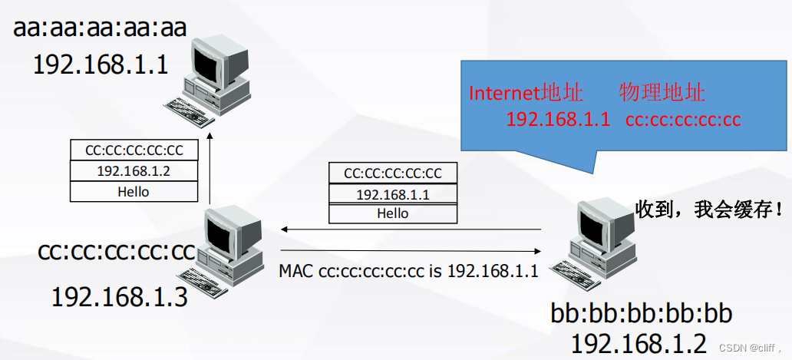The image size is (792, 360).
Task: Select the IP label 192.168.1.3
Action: (x=119, y=296)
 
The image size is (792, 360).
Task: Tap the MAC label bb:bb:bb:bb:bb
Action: (x=642, y=314)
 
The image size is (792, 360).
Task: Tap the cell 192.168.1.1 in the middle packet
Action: (x=393, y=194)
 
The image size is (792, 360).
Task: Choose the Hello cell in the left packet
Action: (x=134, y=191)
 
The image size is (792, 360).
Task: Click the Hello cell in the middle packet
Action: (x=393, y=213)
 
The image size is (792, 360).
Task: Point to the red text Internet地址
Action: (x=526, y=94)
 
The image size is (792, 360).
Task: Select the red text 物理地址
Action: (x=662, y=94)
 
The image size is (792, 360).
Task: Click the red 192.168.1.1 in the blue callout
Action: (x=558, y=120)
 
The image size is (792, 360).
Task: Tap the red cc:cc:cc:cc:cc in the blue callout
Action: (x=683, y=120)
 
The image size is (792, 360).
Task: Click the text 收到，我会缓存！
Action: (x=709, y=209)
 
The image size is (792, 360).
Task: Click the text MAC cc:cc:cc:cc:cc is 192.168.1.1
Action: (x=408, y=270)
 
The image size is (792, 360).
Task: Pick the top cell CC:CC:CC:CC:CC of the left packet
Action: (x=134, y=150)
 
